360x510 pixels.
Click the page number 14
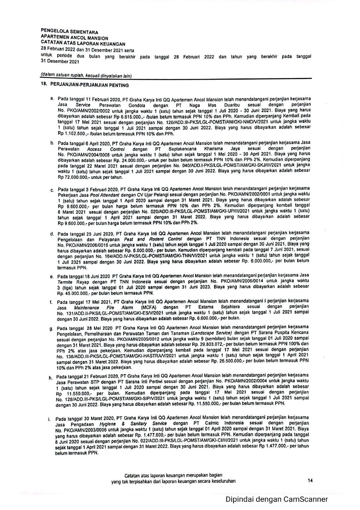tap(310, 480)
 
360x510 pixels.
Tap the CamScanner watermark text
tap(277, 499)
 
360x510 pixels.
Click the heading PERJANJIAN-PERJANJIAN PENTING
tap(89, 85)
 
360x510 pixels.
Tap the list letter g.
tap(51, 329)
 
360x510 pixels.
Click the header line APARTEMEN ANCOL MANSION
tap(74, 38)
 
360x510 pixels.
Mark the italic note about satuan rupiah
tap(86, 76)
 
